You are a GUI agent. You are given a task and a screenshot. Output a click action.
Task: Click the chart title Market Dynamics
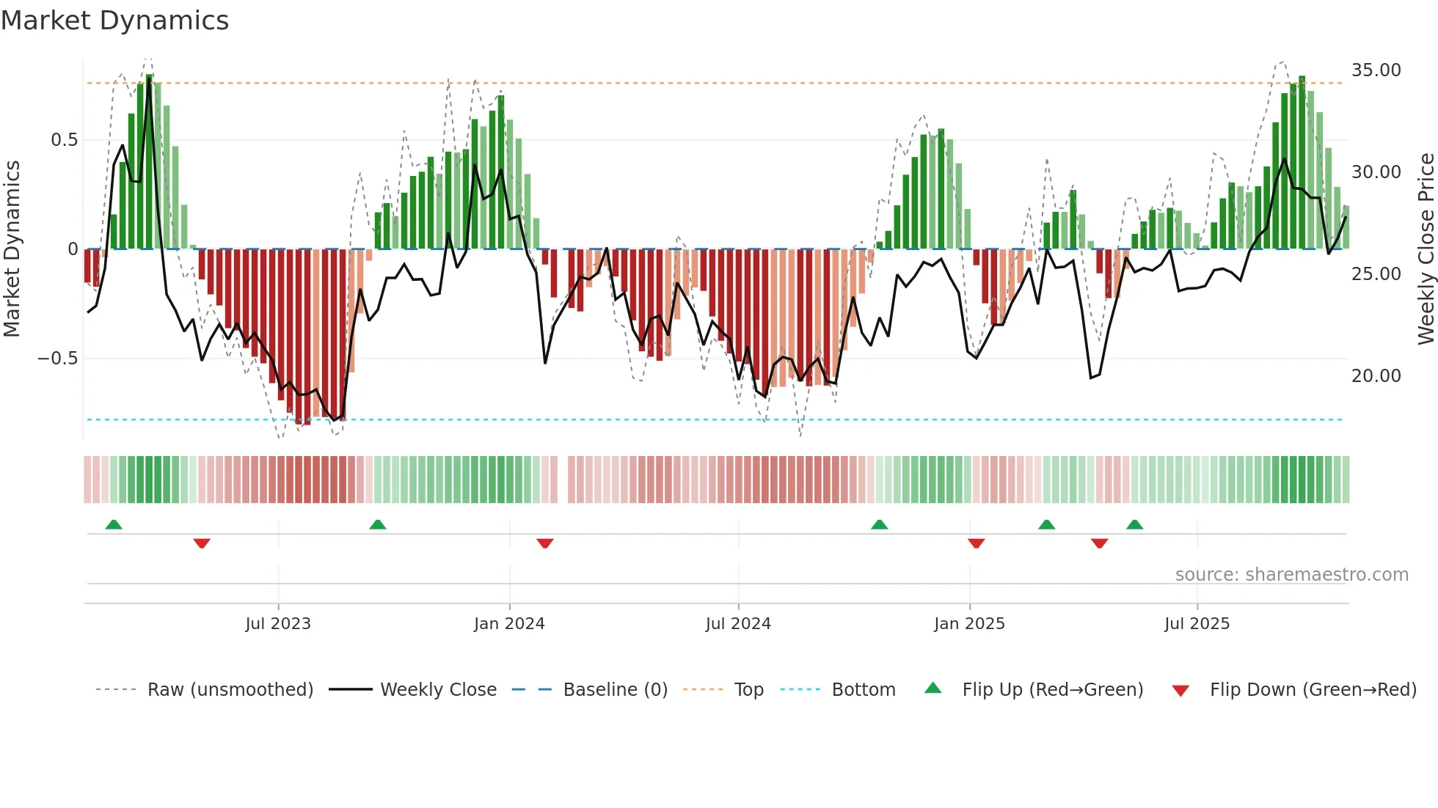114,21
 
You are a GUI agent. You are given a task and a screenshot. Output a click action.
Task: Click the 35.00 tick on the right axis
1376,70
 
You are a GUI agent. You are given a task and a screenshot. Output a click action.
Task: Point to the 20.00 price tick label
1376,376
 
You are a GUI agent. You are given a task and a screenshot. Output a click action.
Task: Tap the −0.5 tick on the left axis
57,359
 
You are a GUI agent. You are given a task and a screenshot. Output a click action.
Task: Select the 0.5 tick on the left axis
64,140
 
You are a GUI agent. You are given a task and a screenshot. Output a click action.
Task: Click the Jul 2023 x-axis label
278,624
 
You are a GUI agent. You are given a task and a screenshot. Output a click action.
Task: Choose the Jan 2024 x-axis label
509,624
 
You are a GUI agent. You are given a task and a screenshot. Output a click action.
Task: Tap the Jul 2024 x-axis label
738,624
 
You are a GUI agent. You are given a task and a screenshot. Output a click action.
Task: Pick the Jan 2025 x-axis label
969,624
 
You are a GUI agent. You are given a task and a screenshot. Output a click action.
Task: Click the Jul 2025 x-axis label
1197,624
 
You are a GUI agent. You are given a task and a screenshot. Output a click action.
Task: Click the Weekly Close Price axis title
1426,249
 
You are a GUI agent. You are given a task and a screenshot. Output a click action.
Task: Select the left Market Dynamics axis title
12,249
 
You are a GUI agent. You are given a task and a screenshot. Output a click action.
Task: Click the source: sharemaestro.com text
1291,575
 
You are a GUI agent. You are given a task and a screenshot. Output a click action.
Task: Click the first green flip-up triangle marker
114,524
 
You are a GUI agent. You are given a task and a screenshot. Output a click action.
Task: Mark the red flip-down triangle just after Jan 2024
544,543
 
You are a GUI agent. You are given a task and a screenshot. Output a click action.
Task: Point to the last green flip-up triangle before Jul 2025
1134,524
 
